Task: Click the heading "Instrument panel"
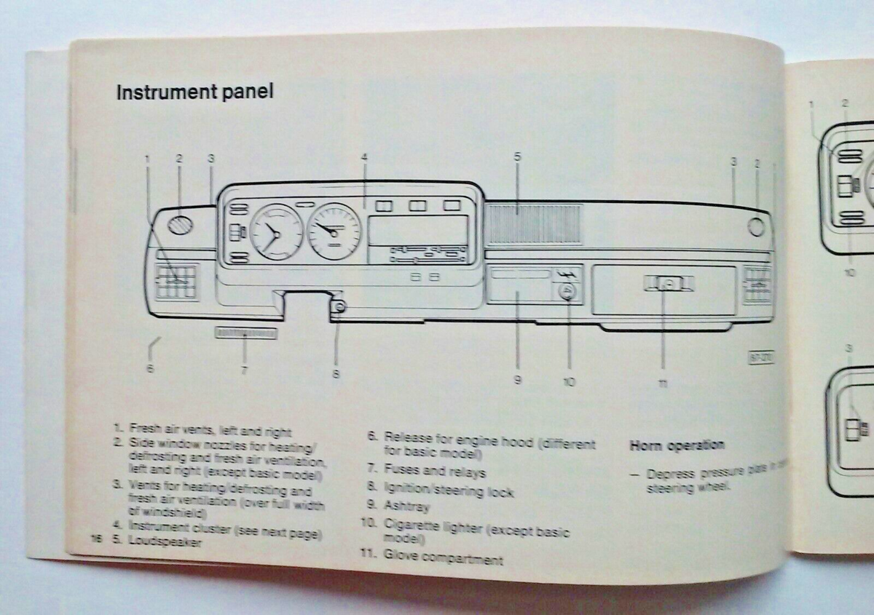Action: coord(194,93)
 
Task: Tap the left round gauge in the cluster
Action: coord(276,232)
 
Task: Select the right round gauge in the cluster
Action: coord(334,231)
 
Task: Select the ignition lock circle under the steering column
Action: coord(339,306)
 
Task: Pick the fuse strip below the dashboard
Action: coord(247,333)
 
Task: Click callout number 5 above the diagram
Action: coord(517,156)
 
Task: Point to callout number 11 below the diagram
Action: coord(664,385)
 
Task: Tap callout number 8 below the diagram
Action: coord(336,375)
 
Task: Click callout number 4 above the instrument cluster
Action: coord(363,156)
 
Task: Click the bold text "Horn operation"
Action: coord(677,445)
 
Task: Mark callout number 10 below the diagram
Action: coord(569,381)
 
